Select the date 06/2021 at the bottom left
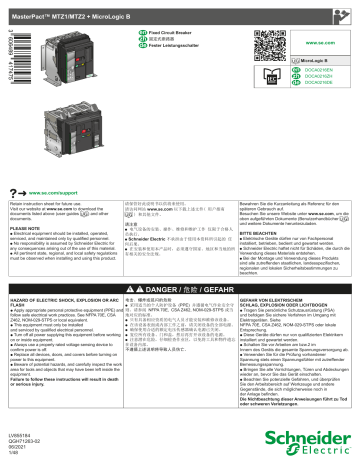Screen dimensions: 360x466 click(19, 450)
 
